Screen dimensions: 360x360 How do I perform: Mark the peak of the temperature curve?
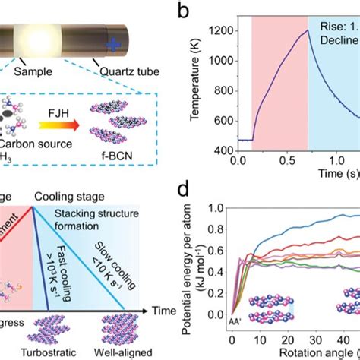308,31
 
